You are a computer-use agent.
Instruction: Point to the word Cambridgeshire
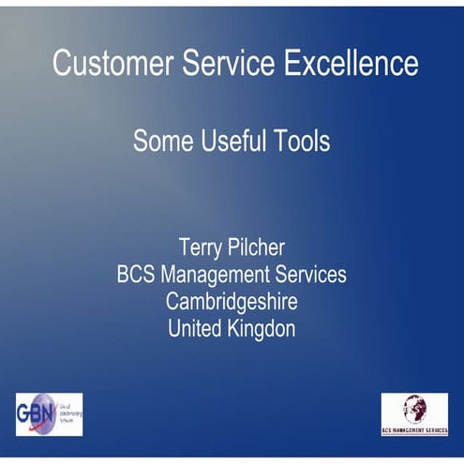coord(232,302)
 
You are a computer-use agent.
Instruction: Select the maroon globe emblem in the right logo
coord(413,408)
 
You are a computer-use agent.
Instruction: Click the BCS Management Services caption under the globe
coord(413,429)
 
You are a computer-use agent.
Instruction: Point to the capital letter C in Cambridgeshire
coord(172,302)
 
